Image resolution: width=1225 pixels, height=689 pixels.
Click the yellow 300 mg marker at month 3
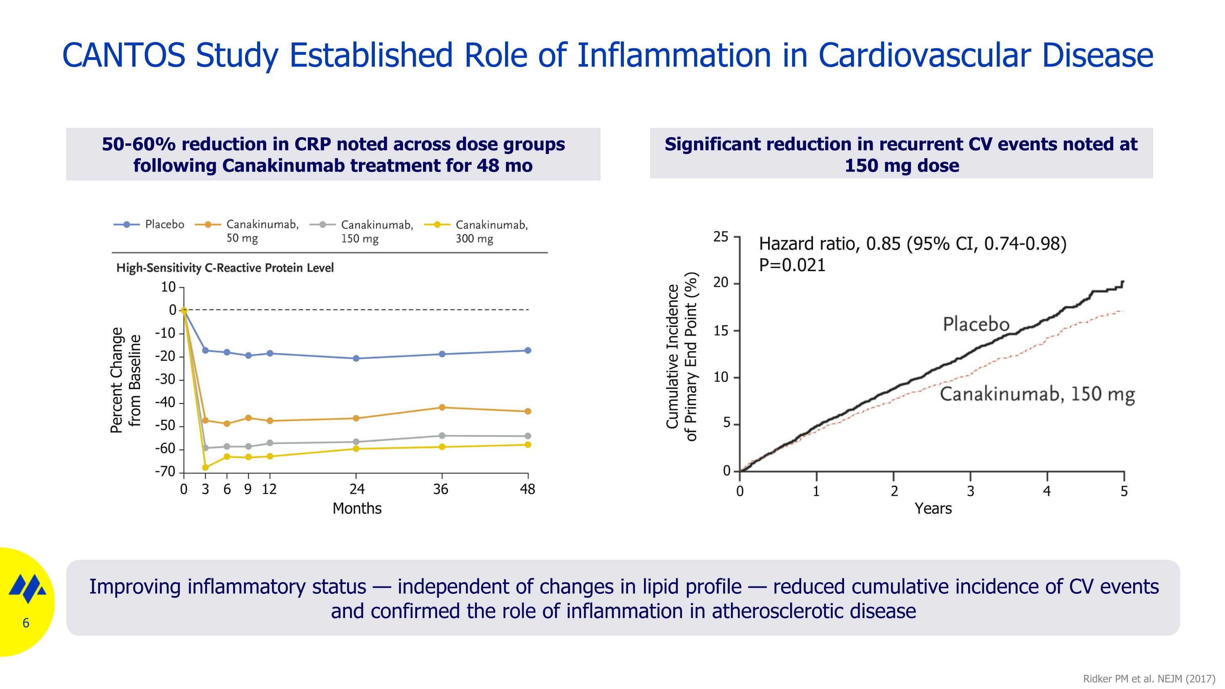205,467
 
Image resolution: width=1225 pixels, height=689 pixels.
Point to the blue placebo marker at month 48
528,350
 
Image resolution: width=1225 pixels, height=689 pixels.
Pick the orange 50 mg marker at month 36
442,407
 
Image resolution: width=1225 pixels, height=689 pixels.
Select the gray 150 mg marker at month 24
356,442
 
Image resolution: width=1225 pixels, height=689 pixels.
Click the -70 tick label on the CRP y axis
165,472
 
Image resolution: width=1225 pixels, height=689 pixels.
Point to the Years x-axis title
933,508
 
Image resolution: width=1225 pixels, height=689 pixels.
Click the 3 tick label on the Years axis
971,491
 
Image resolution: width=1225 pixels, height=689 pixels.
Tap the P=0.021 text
792,265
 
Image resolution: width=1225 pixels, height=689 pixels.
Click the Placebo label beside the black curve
976,324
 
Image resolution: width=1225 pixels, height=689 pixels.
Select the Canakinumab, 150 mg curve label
1037,394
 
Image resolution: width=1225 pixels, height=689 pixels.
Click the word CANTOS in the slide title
124,55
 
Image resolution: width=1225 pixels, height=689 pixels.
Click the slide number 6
26,623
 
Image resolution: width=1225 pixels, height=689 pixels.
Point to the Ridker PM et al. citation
1148,678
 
